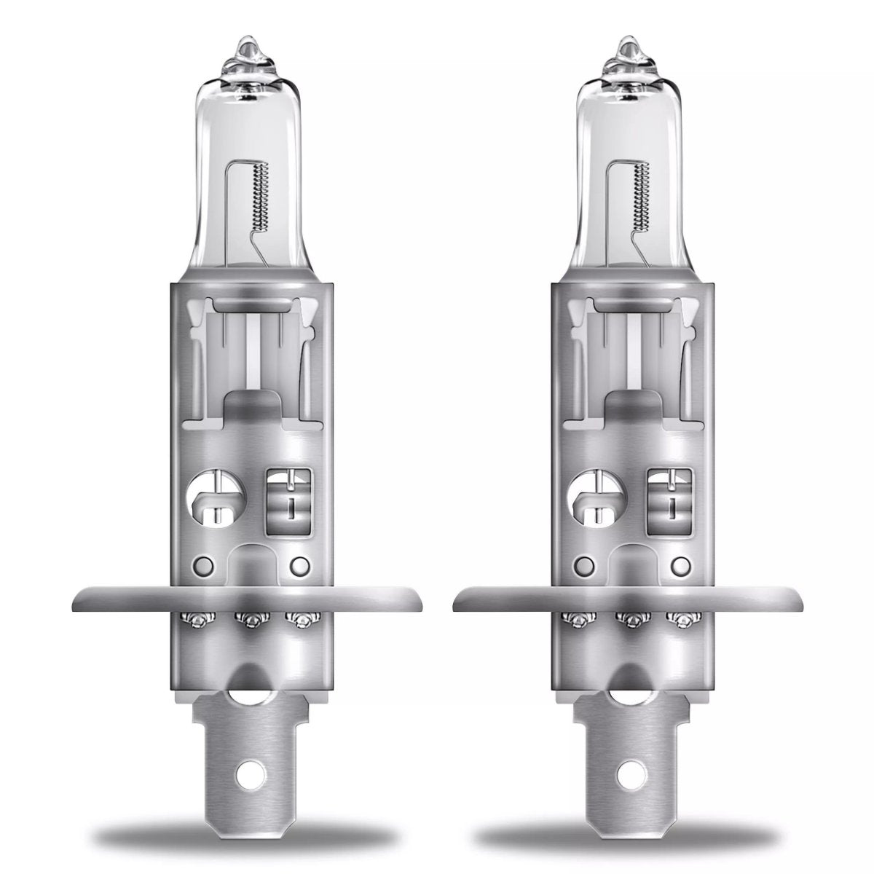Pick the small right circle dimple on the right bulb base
click(x=680, y=565)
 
